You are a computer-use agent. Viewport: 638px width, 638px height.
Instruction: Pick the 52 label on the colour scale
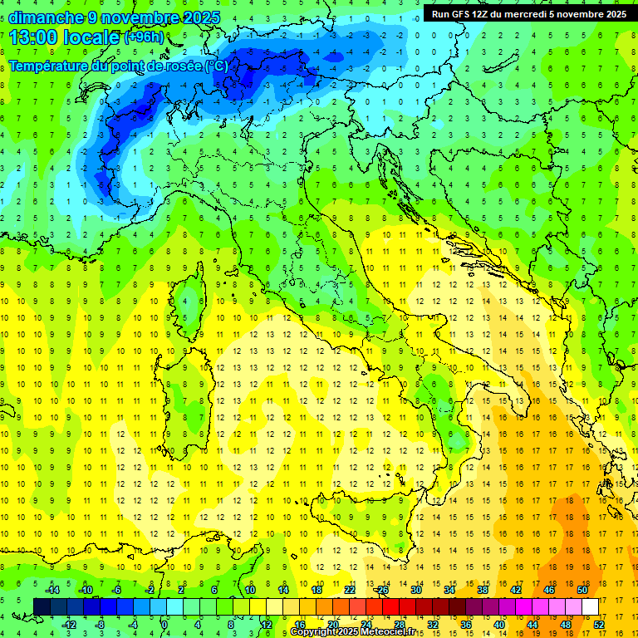click(599, 624)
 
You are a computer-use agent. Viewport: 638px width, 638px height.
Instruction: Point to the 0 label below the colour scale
click(165, 624)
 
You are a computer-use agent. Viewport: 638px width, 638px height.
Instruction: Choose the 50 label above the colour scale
click(582, 590)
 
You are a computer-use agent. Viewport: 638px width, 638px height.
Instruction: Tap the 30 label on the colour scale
click(415, 590)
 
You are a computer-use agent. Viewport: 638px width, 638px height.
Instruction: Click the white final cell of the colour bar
click(590, 606)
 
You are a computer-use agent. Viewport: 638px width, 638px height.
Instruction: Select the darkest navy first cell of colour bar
click(42, 606)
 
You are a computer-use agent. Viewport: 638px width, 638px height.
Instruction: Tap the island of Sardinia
click(185, 399)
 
